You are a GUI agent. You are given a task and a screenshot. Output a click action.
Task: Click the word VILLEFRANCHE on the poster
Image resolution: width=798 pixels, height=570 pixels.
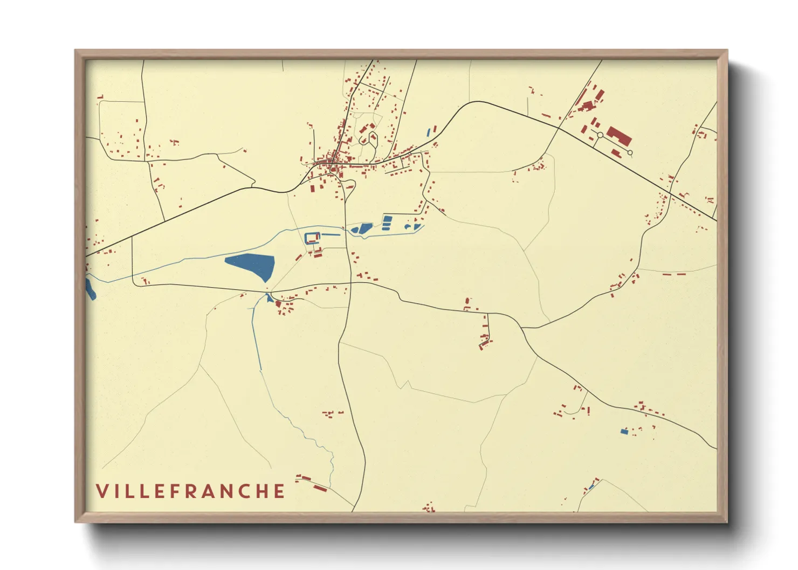(190, 491)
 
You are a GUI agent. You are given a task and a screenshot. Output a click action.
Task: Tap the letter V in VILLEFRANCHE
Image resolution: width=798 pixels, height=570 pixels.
(102, 491)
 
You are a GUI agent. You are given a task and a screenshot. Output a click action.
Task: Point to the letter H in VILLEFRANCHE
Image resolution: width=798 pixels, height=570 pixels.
(262, 491)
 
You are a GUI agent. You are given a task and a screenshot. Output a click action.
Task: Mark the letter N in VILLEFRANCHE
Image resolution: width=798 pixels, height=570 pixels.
(227, 491)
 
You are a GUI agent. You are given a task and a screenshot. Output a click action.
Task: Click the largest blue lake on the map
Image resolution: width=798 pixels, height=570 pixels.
(251, 265)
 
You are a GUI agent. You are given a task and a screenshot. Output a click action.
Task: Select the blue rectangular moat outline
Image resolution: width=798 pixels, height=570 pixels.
(312, 238)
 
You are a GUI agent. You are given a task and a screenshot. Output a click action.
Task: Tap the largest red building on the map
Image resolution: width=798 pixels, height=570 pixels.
(619, 136)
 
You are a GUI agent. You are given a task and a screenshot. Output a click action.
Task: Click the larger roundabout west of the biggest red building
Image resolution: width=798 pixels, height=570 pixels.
(600, 135)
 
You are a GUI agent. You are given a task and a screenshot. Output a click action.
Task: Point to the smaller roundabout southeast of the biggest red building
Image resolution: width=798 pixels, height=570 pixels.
(630, 153)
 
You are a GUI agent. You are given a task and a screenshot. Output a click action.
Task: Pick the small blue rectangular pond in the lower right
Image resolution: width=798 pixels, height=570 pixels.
(624, 432)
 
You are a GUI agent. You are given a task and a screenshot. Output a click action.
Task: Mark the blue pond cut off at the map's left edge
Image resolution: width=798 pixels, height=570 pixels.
(90, 289)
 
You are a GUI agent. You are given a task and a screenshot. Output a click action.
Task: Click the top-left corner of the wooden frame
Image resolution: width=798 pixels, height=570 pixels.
(77, 51)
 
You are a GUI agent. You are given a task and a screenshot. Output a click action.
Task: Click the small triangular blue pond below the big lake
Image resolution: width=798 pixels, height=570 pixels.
(269, 298)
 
